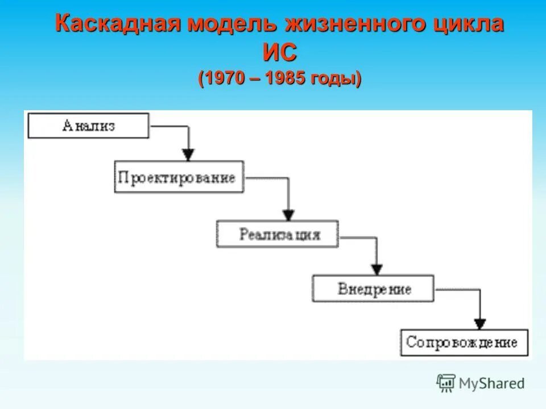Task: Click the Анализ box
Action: pyautogui.click(x=88, y=126)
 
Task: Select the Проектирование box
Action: pyautogui.click(x=179, y=177)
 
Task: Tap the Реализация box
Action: pyautogui.click(x=277, y=234)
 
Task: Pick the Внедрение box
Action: pyautogui.click(x=373, y=288)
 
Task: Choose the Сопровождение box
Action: pyautogui.click(x=464, y=343)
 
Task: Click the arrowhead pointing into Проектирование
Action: pyautogui.click(x=188, y=155)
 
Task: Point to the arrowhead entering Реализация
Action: pyautogui.click(x=288, y=215)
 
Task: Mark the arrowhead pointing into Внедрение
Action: pyautogui.click(x=376, y=269)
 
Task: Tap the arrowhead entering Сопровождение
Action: pyautogui.click(x=480, y=323)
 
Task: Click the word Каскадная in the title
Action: pyautogui.click(x=117, y=25)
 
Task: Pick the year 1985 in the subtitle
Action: pyautogui.click(x=286, y=78)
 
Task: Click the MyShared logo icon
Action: pyautogui.click(x=446, y=383)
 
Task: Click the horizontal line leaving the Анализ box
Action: pyautogui.click(x=168, y=126)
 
